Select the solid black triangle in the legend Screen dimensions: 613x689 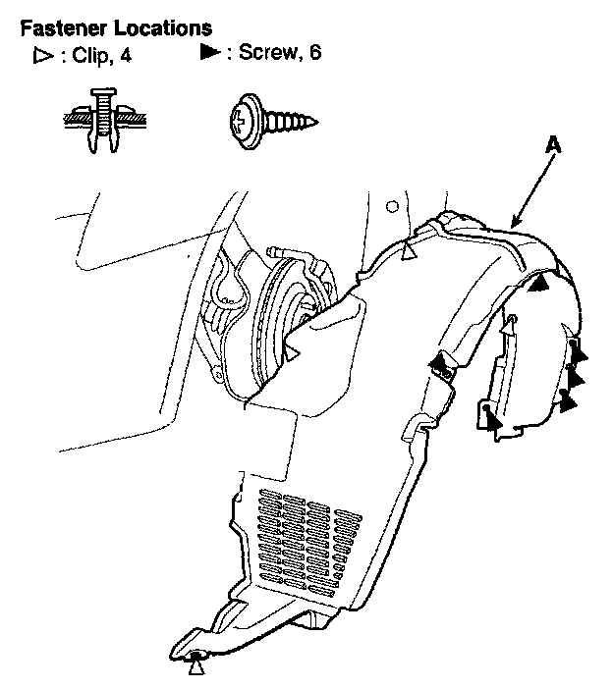(x=209, y=52)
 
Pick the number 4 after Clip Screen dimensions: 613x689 (x=126, y=55)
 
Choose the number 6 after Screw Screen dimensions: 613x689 (x=314, y=52)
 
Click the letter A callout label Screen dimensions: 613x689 (x=553, y=144)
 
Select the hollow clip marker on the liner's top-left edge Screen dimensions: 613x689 (x=411, y=253)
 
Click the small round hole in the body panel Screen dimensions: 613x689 (x=393, y=206)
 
